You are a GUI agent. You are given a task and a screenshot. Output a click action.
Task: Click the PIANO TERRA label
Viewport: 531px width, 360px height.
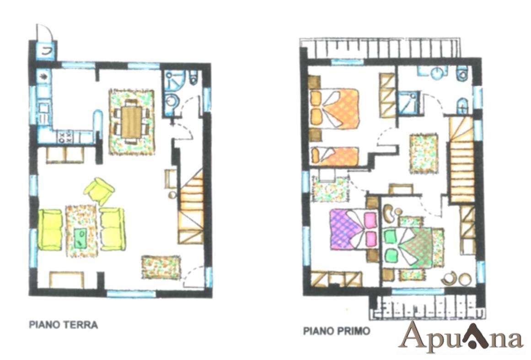pos(63,325)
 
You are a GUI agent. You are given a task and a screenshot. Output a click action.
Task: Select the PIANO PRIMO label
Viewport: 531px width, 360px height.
pos(337,331)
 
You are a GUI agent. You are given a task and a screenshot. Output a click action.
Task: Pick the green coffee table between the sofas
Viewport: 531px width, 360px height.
pos(80,237)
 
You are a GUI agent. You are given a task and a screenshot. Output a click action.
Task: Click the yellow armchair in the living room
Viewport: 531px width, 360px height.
pos(99,191)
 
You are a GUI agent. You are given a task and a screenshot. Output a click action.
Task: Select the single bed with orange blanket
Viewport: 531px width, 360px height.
pos(335,156)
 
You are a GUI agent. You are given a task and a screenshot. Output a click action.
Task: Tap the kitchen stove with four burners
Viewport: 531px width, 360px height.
pos(65,137)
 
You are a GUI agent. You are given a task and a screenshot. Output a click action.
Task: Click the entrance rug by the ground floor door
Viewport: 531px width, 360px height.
pos(161,267)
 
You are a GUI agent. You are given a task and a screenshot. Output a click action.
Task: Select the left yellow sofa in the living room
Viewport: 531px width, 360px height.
pos(50,230)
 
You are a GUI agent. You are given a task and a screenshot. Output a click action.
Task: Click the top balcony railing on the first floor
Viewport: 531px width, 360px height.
pos(381,48)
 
